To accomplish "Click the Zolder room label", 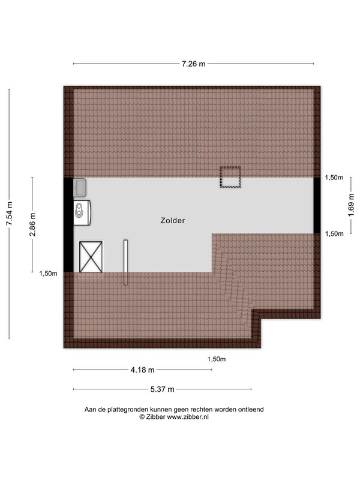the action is [173, 220].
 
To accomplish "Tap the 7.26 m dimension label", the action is [193, 64].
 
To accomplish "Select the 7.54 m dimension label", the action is [10, 214].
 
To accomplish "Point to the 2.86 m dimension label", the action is [32, 224].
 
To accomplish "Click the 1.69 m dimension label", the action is [351, 205].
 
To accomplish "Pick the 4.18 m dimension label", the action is [142, 370].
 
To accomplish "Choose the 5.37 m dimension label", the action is [162, 389].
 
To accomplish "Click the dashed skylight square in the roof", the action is [230, 177].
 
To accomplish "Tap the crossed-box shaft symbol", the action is [91, 257].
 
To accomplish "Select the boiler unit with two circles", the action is [82, 213].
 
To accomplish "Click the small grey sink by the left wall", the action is [80, 187].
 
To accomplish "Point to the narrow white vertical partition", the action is [125, 262].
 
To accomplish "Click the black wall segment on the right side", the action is [317, 205].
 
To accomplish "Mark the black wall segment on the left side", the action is [68, 224].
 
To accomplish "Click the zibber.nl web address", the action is [188, 416].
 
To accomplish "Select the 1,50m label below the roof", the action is [217, 359].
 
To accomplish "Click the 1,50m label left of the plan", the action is [48, 274].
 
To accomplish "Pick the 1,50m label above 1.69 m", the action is [334, 178].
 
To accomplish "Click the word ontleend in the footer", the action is [251, 409].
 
